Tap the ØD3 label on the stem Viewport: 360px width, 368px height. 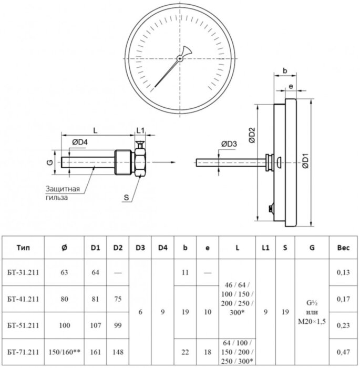(x=229, y=145)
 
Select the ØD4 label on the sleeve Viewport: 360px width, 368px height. (x=80, y=141)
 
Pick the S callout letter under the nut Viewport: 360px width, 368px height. (x=126, y=197)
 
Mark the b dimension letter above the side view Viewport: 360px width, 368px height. (x=284, y=70)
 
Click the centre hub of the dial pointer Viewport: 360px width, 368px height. (x=180, y=58)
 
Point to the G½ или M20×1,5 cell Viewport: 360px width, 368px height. (x=312, y=312)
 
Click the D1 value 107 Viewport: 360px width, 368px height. (x=95, y=325)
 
